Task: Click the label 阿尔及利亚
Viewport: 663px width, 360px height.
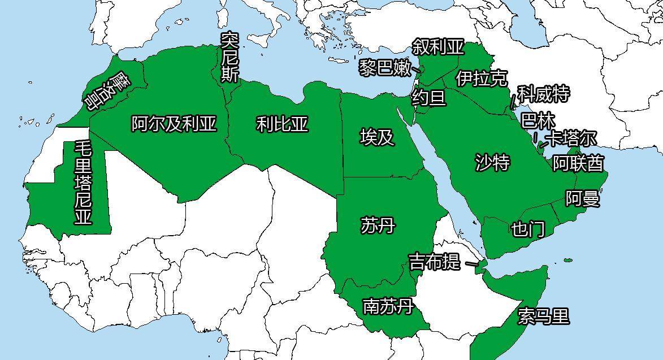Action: (174, 124)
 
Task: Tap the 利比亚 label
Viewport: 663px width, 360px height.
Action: (282, 124)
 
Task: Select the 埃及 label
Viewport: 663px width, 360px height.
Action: (377, 137)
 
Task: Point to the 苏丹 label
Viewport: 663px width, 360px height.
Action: (377, 225)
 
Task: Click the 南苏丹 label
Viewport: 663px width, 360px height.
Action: (388, 307)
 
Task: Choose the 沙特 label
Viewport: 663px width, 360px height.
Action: (492, 163)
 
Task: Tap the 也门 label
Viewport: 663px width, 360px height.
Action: (528, 229)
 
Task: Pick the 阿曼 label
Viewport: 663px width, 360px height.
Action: (582, 198)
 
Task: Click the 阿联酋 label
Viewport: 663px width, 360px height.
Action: (578, 163)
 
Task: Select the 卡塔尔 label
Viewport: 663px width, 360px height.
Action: (572, 138)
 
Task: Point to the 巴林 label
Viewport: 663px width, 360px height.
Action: (538, 121)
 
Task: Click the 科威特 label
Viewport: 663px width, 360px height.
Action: (543, 94)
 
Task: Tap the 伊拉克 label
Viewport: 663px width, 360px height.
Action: (482, 78)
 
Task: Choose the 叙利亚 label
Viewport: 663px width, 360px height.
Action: (437, 46)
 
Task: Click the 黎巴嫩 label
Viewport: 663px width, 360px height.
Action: (385, 68)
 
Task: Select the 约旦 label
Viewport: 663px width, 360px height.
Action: (428, 98)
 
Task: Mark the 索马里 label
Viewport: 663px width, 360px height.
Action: (543, 316)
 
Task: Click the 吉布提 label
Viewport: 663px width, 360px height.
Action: (434, 262)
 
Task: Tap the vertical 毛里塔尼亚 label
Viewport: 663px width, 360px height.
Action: (83, 183)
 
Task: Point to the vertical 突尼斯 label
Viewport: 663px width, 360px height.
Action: (229, 57)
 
